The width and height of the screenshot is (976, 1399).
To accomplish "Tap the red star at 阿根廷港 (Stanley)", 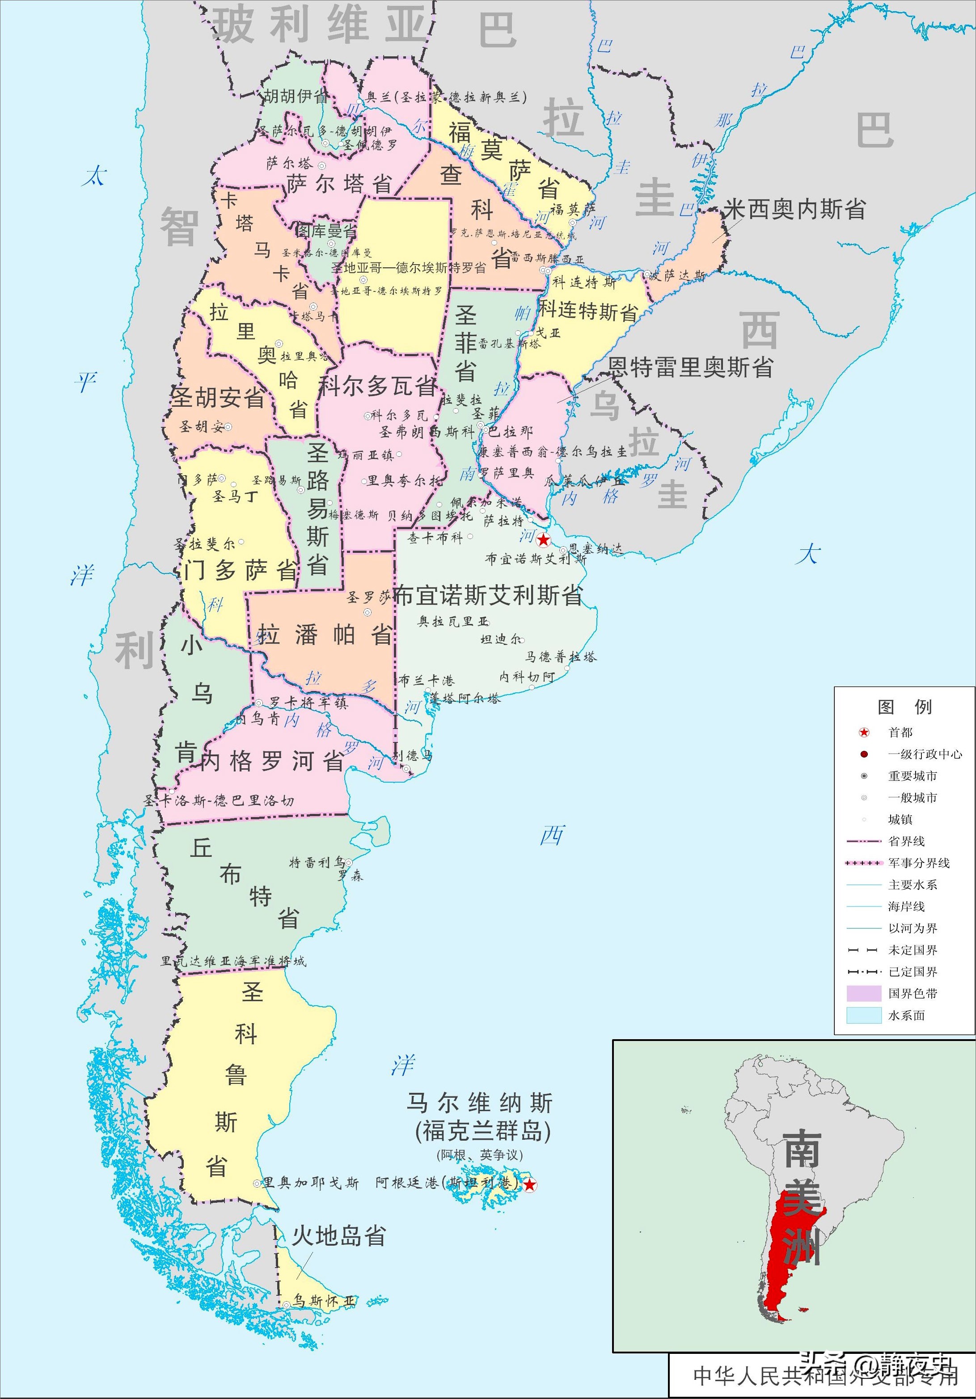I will (x=530, y=1184).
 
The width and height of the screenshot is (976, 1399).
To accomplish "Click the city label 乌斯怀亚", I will (x=324, y=1300).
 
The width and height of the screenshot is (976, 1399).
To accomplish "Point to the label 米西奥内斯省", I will (x=794, y=210).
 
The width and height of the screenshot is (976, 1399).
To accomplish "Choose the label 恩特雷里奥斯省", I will (x=691, y=367).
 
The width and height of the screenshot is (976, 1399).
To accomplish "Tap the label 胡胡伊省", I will (x=296, y=96).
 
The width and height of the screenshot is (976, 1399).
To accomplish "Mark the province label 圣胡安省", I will (x=218, y=397).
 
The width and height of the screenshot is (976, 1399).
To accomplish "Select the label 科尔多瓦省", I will (x=377, y=386).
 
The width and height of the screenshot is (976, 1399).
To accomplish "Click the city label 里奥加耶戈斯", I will (x=310, y=1183).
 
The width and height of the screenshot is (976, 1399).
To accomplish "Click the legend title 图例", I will (x=904, y=707).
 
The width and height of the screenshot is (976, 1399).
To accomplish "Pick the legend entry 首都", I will (x=900, y=733).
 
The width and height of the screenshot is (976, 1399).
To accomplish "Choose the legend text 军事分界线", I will (x=919, y=863).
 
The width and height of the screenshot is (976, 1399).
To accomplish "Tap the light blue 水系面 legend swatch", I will (x=864, y=1015).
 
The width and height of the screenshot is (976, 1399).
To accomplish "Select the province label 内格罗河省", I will (x=272, y=761).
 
